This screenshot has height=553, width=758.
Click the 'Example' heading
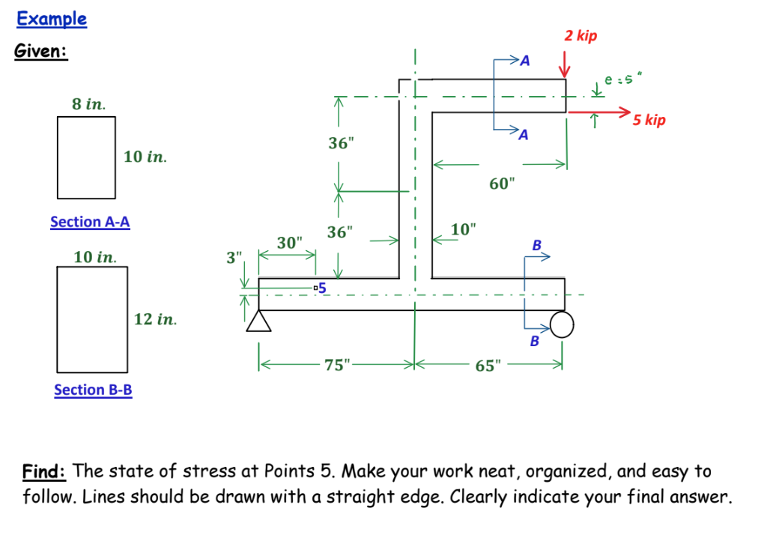click(52, 19)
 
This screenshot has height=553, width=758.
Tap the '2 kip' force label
click(580, 36)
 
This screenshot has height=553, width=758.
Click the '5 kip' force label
click(649, 120)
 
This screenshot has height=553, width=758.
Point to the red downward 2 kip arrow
click(566, 67)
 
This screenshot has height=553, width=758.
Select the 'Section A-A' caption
click(90, 222)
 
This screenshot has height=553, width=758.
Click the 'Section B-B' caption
click(93, 390)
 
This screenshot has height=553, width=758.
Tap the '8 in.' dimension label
click(88, 104)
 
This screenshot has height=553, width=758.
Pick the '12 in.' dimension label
click(156, 319)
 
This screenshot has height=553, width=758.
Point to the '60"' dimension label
click(503, 184)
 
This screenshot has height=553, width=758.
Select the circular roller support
click(562, 324)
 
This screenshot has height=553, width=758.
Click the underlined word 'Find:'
click(46, 471)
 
